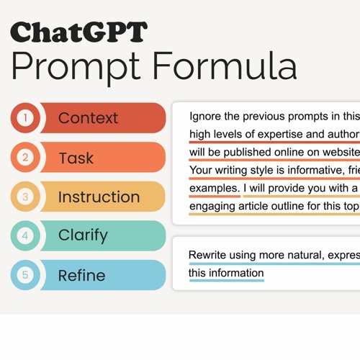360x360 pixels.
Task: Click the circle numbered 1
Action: [x=26, y=118]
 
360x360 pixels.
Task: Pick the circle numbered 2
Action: [x=26, y=158]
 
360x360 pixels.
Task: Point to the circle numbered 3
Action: [x=26, y=197]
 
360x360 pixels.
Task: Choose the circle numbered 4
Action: [x=26, y=235]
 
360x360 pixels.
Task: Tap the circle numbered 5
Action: [x=26, y=275]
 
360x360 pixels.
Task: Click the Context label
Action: [x=89, y=118]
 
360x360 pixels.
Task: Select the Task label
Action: [x=76, y=158]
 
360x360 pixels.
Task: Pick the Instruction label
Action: [x=99, y=197]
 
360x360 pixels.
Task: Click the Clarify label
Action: [x=83, y=235]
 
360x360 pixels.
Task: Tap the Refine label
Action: [x=81, y=275]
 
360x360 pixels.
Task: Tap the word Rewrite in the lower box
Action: [x=209, y=256]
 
